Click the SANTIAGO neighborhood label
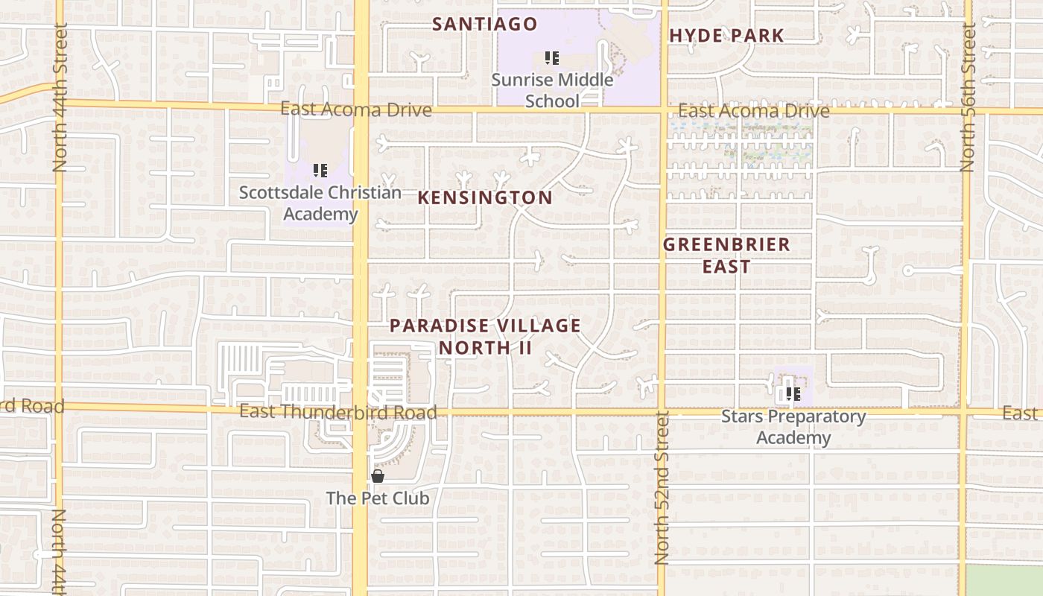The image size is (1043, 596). pyautogui.click(x=484, y=24)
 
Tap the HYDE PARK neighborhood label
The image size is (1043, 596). pyautogui.click(x=726, y=35)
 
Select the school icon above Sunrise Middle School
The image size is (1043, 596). pyautogui.click(x=552, y=57)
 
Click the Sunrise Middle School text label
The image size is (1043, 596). pyautogui.click(x=552, y=90)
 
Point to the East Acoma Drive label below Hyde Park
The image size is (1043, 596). pyautogui.click(x=753, y=112)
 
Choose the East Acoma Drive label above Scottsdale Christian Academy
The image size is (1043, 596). pyautogui.click(x=355, y=110)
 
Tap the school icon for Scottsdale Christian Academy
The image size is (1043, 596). pyautogui.click(x=320, y=171)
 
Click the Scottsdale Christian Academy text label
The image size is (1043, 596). pyautogui.click(x=320, y=203)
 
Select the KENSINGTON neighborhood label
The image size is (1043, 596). pyautogui.click(x=485, y=197)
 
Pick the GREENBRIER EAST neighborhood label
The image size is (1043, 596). pyautogui.click(x=726, y=255)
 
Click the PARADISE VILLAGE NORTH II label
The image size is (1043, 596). pyautogui.click(x=485, y=336)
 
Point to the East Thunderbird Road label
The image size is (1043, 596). pyautogui.click(x=337, y=412)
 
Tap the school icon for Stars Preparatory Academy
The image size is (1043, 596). pyautogui.click(x=793, y=393)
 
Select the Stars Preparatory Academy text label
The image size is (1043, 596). pyautogui.click(x=793, y=427)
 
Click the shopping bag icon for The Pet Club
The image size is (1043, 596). pyautogui.click(x=378, y=476)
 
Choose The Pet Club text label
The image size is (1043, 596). pyautogui.click(x=378, y=498)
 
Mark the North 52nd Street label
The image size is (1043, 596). pyautogui.click(x=662, y=488)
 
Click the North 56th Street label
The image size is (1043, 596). pyautogui.click(x=968, y=97)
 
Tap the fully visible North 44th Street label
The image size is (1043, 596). pyautogui.click(x=60, y=97)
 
